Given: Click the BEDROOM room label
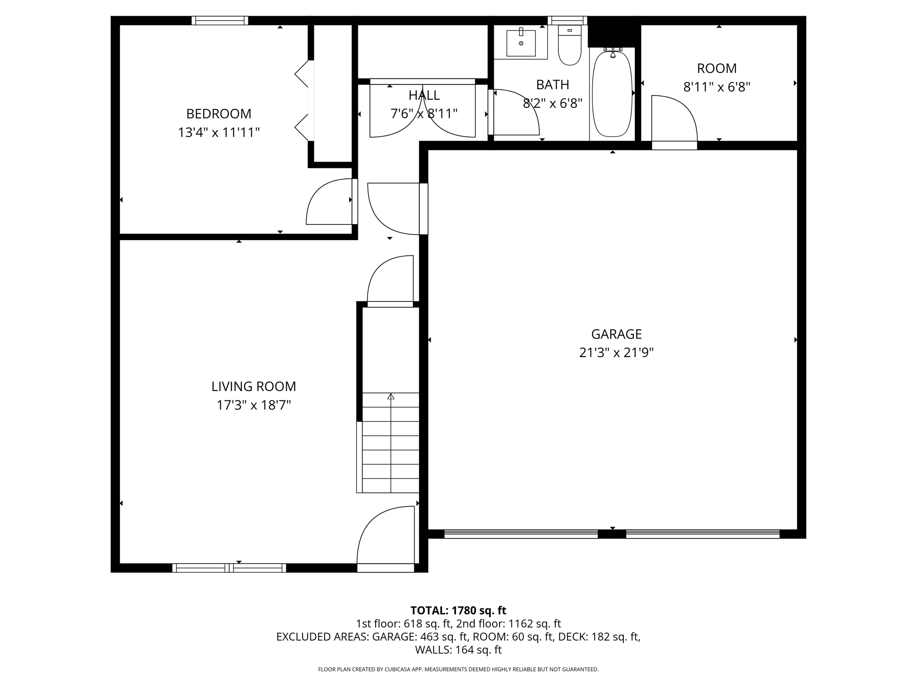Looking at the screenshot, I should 219,114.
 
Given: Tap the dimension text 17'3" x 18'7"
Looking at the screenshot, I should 254,405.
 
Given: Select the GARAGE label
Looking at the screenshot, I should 616,334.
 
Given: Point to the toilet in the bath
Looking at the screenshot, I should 570,46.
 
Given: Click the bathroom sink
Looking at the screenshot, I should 521,43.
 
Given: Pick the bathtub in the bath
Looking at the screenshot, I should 612,94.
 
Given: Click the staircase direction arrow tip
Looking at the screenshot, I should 391,396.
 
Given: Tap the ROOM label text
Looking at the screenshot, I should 716,69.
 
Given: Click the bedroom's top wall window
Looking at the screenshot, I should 220,21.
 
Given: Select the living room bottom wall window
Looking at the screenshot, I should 229,568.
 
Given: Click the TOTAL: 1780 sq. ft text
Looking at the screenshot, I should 458,611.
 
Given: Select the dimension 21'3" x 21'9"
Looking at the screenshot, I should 616,353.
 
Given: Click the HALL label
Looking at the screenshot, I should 424,95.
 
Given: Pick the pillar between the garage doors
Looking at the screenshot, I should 612,533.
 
